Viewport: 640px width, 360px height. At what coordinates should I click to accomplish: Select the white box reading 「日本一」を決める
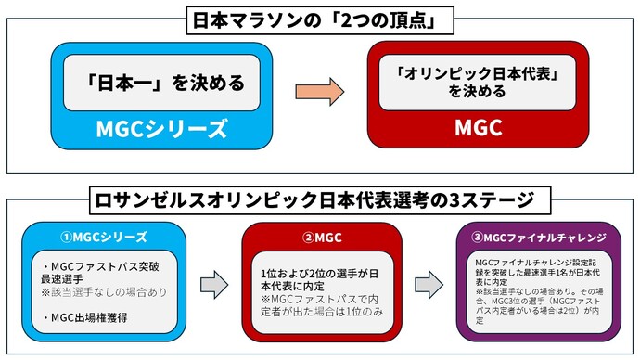tap(160, 83)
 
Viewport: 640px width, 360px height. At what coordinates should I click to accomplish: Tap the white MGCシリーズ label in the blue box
tap(160, 127)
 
